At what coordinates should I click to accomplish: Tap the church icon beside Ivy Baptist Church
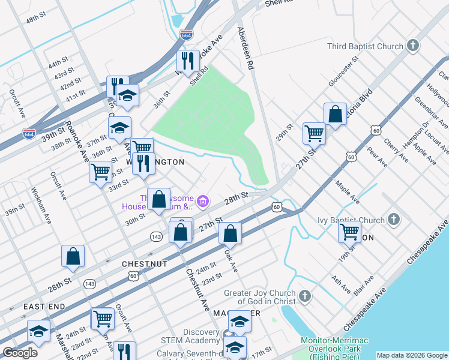click(394, 219)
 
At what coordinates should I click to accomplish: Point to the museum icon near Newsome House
click(203, 201)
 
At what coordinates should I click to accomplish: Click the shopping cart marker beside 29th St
click(314, 133)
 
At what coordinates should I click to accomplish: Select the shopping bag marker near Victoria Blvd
click(335, 114)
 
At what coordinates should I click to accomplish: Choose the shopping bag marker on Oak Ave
click(230, 233)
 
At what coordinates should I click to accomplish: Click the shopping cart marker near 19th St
click(349, 231)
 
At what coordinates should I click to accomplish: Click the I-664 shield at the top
click(186, 35)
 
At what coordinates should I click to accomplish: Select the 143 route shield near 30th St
click(156, 237)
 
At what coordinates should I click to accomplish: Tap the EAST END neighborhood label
click(44, 307)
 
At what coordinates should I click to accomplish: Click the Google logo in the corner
click(20, 353)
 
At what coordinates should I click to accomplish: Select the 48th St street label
click(37, 20)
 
